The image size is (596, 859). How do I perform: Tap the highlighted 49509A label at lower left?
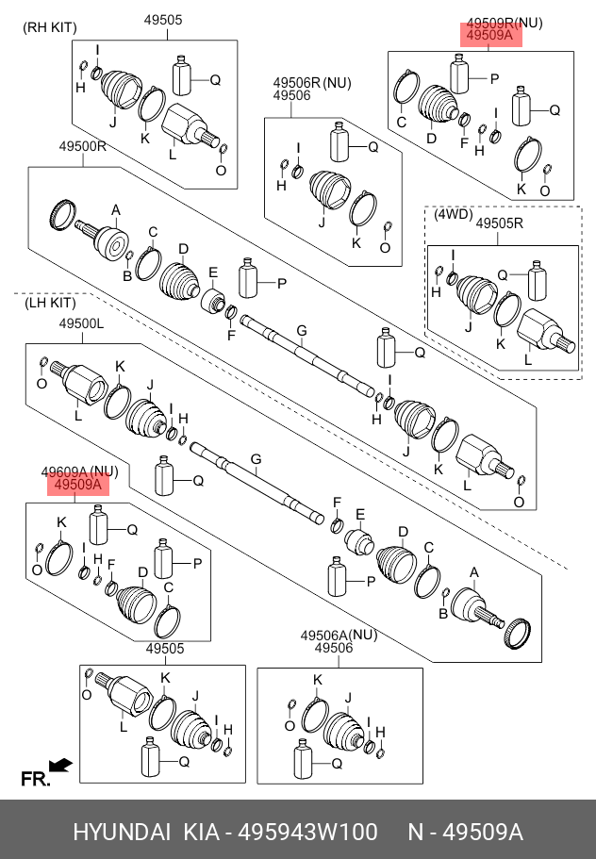point(79,485)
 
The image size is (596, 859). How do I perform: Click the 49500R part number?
point(83,146)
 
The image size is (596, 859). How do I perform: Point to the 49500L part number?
point(82,323)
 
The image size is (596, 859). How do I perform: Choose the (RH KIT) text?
point(50,28)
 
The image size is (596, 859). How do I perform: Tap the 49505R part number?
point(499,223)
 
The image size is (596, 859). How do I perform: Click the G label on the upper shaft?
point(302,330)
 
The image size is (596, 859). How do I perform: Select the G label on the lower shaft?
point(256,459)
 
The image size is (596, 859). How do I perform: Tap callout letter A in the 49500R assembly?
point(116,210)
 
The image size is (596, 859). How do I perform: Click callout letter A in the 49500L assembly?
point(473,572)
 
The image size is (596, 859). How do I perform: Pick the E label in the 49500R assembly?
point(213,273)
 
